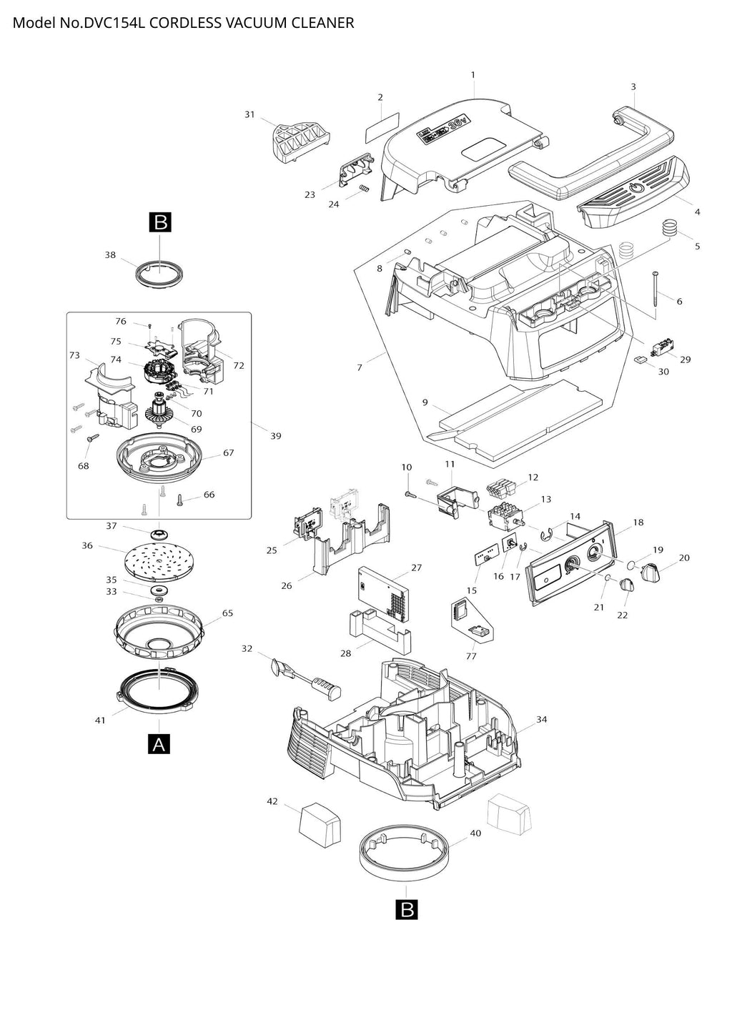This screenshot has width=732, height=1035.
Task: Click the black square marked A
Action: pyautogui.click(x=159, y=744)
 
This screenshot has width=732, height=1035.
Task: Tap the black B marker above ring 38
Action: pyautogui.click(x=160, y=222)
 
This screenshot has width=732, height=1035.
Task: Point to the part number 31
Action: pyautogui.click(x=249, y=114)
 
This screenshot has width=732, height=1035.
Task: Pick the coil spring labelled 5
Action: pyautogui.click(x=670, y=228)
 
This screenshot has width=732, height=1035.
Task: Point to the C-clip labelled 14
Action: pyautogui.click(x=548, y=535)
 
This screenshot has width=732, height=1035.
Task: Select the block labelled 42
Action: pyautogui.click(x=321, y=826)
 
